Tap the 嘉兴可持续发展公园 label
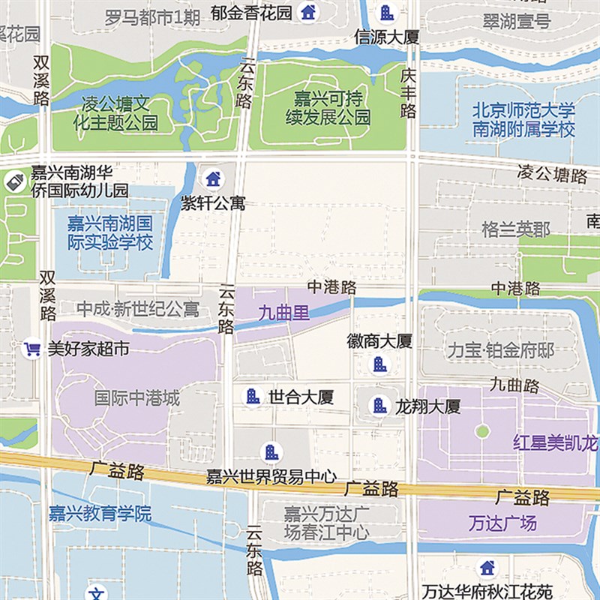pos(328,108)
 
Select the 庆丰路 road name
pos(408,94)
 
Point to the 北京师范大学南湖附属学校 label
pos(523,119)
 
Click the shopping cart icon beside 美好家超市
pos(31,349)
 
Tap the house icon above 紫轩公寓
pos(213,178)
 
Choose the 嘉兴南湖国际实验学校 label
pos(109,232)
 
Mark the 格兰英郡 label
pos(515,229)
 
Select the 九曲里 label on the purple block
pos(283,313)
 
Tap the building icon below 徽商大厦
pos(379,364)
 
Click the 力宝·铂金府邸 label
pos(499,350)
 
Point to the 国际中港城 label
pos(137,398)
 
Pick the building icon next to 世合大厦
pos(253,396)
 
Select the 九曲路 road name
pos(514,386)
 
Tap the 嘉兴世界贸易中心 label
pos(271,477)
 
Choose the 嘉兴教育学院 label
pos(100,514)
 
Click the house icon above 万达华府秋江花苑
pos(487,567)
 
